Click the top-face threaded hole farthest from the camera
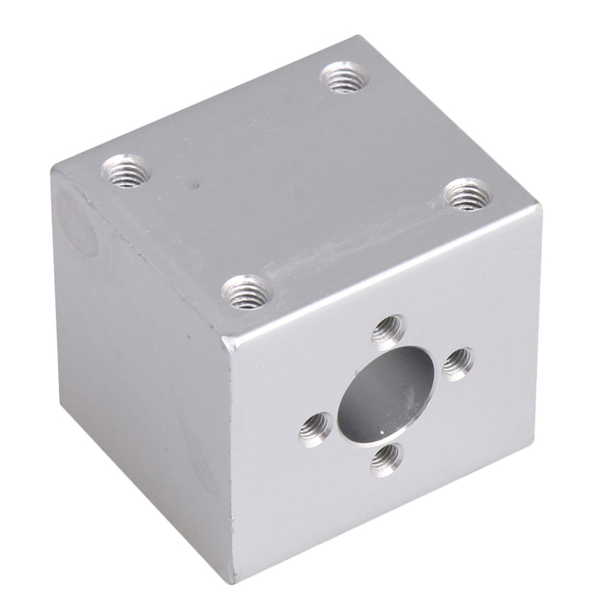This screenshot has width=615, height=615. (344, 78)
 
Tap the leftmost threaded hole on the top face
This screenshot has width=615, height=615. (126, 171)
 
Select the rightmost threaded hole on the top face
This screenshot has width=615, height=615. (468, 195)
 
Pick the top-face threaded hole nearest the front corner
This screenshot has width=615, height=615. (247, 292)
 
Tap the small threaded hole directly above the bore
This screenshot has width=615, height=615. (389, 332)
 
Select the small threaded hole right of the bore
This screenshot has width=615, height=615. (458, 364)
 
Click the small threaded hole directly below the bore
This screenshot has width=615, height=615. (385, 460)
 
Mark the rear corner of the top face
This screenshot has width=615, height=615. (359, 37)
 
